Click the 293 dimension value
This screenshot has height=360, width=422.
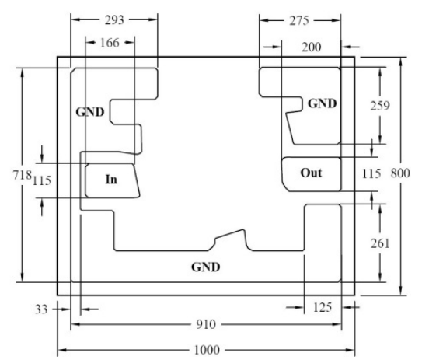point(114,20)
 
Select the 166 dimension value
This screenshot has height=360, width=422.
point(110,43)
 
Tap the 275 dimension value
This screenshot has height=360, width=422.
point(299,21)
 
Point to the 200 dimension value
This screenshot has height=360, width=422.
point(312,47)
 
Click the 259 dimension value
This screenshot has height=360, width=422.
point(380,106)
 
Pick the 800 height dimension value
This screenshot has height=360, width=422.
point(400,173)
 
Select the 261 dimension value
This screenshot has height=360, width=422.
point(380,243)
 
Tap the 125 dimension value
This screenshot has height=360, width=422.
point(323,307)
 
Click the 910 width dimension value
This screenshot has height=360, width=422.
point(206,324)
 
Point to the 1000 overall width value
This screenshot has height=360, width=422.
point(207,350)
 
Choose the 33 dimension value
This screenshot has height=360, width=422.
point(41,309)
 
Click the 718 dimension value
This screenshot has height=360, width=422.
point(23,175)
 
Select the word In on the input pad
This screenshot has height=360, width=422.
point(111,180)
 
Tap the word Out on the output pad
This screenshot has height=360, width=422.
point(311,173)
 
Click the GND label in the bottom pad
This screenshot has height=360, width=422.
point(206,267)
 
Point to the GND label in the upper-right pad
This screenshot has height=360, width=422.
point(323,103)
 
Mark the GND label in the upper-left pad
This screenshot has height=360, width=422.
point(90,112)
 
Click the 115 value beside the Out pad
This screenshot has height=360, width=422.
point(371,173)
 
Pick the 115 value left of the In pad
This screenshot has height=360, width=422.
point(42,180)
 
